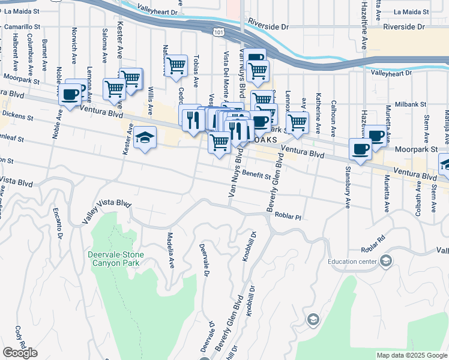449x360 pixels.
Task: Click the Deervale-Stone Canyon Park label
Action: pos(113,259)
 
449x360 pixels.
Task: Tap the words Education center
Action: pos(352,261)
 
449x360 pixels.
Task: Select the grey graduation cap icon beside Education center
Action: pos(386,260)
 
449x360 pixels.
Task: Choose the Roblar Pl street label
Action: pos(288,215)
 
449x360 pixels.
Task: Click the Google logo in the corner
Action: pos(20,353)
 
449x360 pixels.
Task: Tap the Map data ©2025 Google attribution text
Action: pos(411,355)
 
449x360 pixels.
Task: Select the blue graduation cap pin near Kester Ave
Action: pos(145,139)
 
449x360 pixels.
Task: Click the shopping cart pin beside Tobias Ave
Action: pos(176,66)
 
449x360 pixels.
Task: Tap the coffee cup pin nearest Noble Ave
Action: pos(70,95)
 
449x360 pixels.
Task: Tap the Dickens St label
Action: pos(16,114)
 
